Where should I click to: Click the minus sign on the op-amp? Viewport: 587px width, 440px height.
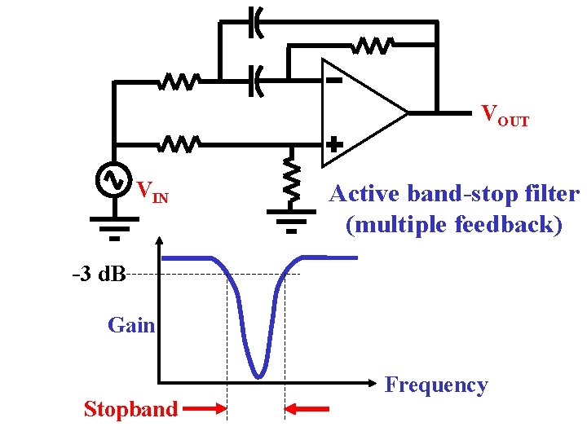click(x=333, y=81)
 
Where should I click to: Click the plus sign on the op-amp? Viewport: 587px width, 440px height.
click(x=333, y=143)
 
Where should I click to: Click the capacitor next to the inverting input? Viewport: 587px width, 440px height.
click(x=256, y=81)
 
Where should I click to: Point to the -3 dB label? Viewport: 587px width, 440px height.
click(x=99, y=274)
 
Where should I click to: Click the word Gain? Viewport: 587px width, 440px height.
click(x=130, y=326)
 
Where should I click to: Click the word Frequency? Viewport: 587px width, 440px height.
click(x=435, y=385)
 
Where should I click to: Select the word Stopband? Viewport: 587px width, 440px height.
click(x=130, y=409)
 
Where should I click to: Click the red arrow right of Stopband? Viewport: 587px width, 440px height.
click(x=205, y=409)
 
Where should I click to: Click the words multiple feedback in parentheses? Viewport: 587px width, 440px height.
click(x=454, y=224)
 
